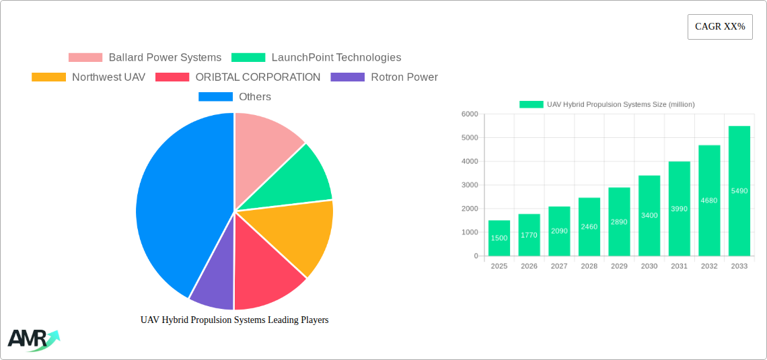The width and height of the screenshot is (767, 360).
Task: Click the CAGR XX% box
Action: point(720,27)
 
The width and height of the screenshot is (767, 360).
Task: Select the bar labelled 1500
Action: point(499,238)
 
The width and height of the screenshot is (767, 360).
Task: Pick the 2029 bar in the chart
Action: point(619,221)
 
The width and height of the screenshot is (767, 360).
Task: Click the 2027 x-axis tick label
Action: point(559,266)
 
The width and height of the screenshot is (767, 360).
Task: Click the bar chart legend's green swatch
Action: point(531,104)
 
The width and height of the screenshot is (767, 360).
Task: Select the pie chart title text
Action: point(234,320)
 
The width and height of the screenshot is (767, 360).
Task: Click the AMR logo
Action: point(32,339)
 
